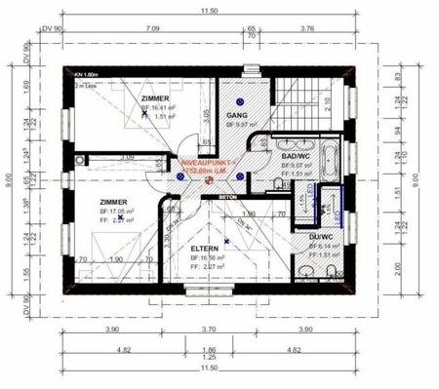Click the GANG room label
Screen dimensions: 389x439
coord(237,114)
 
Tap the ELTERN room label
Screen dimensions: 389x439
coord(205,249)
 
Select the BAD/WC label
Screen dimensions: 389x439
coord(296,156)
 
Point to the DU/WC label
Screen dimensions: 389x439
coord(320,237)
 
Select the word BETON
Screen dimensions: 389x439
coord(227,196)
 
